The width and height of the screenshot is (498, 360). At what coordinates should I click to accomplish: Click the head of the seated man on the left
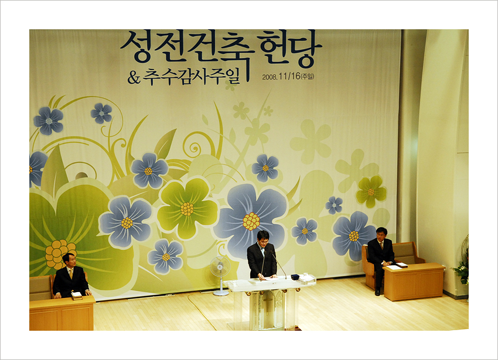(70, 259)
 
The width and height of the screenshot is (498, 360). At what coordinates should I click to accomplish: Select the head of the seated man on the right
(381, 234)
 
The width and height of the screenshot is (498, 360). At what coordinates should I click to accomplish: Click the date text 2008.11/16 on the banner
(281, 77)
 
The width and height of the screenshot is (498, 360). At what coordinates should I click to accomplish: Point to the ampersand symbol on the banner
(134, 77)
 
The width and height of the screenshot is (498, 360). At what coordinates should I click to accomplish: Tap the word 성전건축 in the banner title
(187, 47)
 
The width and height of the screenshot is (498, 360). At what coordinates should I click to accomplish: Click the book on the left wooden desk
(77, 296)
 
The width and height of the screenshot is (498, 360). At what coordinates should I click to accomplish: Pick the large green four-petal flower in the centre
(187, 208)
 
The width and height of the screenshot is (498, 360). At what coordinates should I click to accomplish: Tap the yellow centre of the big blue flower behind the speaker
(251, 221)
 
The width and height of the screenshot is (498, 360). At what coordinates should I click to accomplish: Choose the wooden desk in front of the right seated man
(414, 282)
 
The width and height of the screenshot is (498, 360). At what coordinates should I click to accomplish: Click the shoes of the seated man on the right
(377, 292)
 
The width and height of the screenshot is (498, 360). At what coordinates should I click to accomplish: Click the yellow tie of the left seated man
(71, 273)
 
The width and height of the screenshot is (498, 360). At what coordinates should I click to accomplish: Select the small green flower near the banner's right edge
(371, 192)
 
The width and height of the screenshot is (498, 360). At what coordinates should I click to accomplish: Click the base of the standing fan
(221, 293)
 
